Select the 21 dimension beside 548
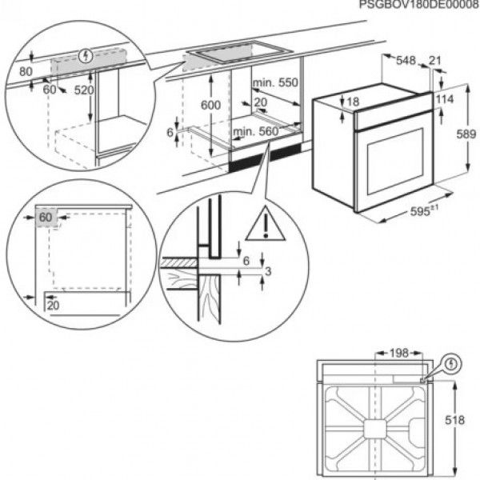click(435, 60)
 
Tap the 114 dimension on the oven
click(446, 98)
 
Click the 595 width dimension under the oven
click(407, 212)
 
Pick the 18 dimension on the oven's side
click(354, 101)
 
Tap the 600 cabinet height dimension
click(210, 105)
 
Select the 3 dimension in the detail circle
click(270, 272)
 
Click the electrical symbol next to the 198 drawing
click(453, 363)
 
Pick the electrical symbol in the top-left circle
click(86, 55)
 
